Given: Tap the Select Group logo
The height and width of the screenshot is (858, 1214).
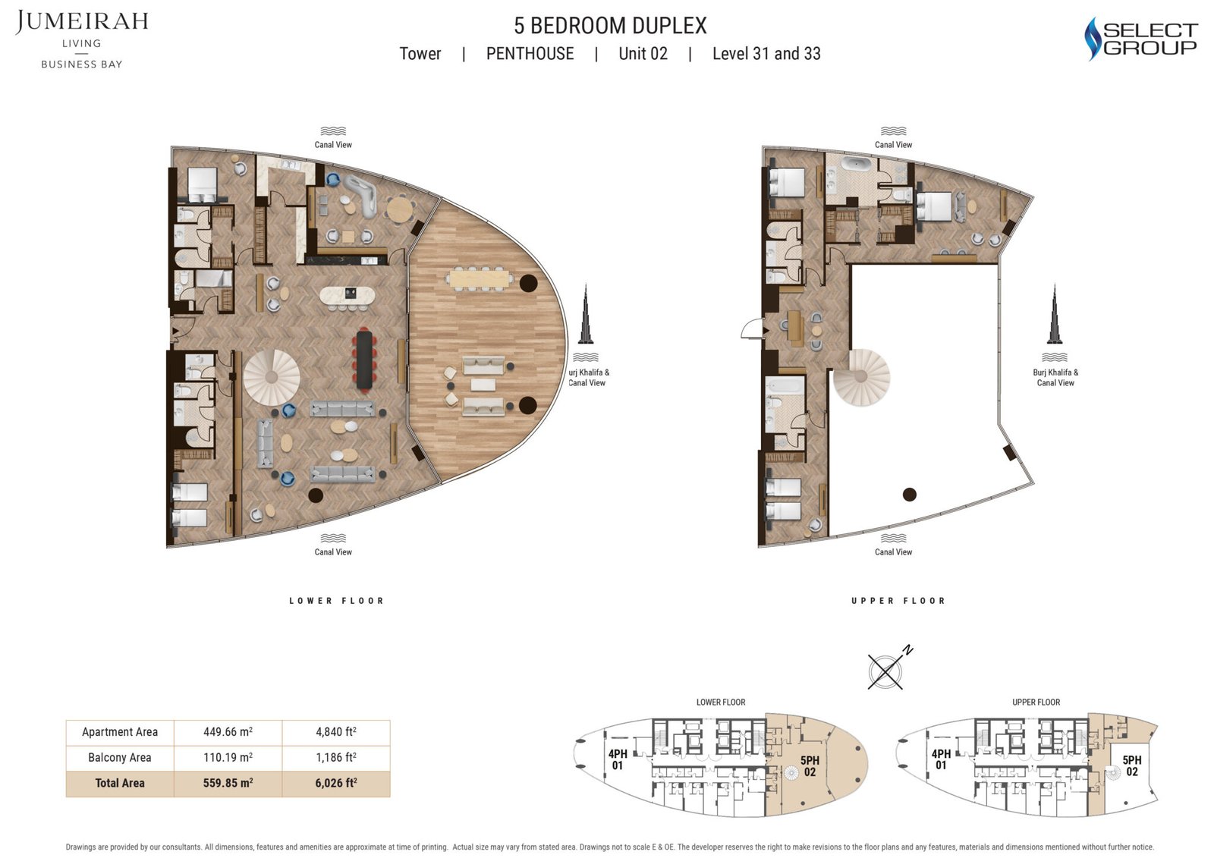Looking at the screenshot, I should click(x=1140, y=39).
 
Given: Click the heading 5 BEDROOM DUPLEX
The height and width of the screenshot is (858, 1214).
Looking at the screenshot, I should click(x=610, y=26).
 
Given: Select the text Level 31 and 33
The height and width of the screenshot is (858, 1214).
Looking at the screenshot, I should click(x=766, y=54).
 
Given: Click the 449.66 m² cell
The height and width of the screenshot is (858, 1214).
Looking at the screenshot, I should click(x=228, y=732).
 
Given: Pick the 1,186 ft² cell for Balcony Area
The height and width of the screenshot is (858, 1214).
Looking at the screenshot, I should click(x=335, y=757).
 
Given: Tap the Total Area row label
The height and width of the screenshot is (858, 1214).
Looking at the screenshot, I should click(x=120, y=783).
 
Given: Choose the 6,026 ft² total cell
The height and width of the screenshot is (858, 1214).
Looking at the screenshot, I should click(x=335, y=783).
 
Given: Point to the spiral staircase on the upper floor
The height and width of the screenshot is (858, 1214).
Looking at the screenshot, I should click(x=861, y=377).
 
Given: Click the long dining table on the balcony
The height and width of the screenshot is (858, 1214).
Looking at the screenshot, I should click(x=480, y=278).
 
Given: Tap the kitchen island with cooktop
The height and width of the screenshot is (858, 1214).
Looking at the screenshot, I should click(x=347, y=295).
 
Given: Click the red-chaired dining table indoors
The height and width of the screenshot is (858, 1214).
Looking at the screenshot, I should click(x=364, y=358).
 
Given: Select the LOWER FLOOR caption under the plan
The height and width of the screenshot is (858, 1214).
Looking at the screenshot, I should click(x=336, y=601).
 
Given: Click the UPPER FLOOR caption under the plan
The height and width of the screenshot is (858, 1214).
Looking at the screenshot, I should click(x=898, y=601).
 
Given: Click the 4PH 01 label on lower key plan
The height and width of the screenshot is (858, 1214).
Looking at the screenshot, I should click(x=618, y=759).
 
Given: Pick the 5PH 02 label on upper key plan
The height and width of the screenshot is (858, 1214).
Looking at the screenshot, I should click(x=1131, y=765).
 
